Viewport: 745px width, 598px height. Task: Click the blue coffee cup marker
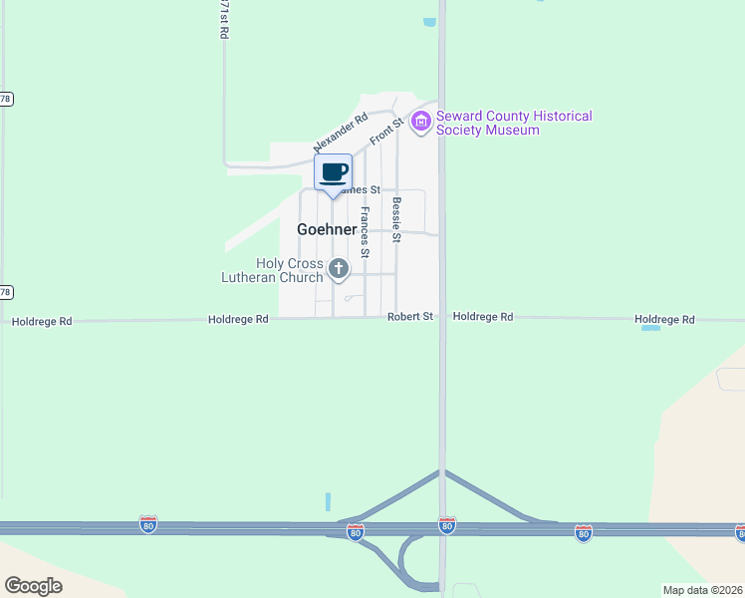333,171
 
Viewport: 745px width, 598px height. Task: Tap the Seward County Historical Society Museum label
514,124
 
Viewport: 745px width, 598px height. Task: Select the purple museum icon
420,123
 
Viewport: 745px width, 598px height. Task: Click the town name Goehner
327,229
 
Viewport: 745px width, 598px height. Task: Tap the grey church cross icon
339,268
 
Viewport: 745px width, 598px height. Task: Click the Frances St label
366,232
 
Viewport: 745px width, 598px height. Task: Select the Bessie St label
396,220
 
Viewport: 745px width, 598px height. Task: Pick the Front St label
385,131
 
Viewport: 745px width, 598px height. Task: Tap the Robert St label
410,317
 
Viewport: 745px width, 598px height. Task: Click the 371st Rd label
224,19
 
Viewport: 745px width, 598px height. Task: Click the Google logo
34,585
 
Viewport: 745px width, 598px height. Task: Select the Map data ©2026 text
702,590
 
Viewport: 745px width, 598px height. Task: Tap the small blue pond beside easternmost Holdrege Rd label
650,327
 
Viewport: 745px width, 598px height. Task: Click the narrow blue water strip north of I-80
327,501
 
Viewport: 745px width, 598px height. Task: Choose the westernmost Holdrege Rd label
42,322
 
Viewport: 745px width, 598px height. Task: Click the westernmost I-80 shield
148,523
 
